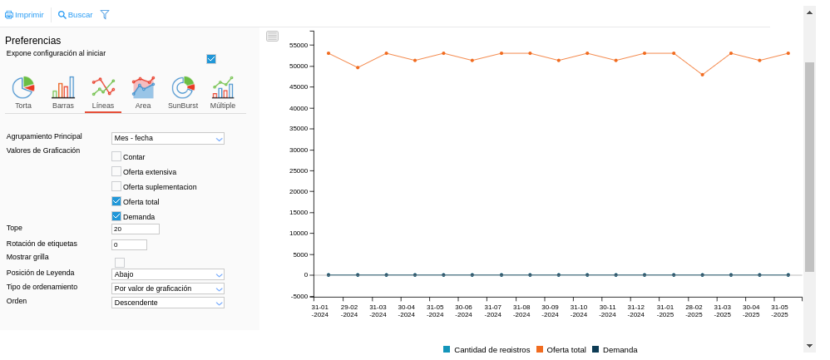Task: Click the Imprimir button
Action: tap(24, 15)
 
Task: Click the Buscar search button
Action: tap(75, 15)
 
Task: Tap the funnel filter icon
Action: tap(105, 15)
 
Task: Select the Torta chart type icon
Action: tap(23, 89)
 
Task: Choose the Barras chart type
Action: tap(63, 89)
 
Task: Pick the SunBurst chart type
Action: tap(183, 89)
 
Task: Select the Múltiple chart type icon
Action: tap(223, 89)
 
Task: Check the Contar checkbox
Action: tap(116, 156)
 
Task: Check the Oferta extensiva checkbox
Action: tap(116, 171)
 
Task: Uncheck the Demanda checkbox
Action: tap(116, 216)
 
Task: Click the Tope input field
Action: tap(135, 229)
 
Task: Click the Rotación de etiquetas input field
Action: tap(129, 244)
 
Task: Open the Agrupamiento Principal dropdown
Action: tap(168, 139)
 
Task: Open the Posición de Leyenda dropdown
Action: tap(168, 274)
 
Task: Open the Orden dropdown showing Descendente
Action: tap(168, 303)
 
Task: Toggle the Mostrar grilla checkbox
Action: tap(120, 263)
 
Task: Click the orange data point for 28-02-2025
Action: tap(702, 75)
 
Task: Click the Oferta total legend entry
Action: tap(561, 349)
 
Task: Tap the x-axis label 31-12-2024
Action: tap(636, 310)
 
